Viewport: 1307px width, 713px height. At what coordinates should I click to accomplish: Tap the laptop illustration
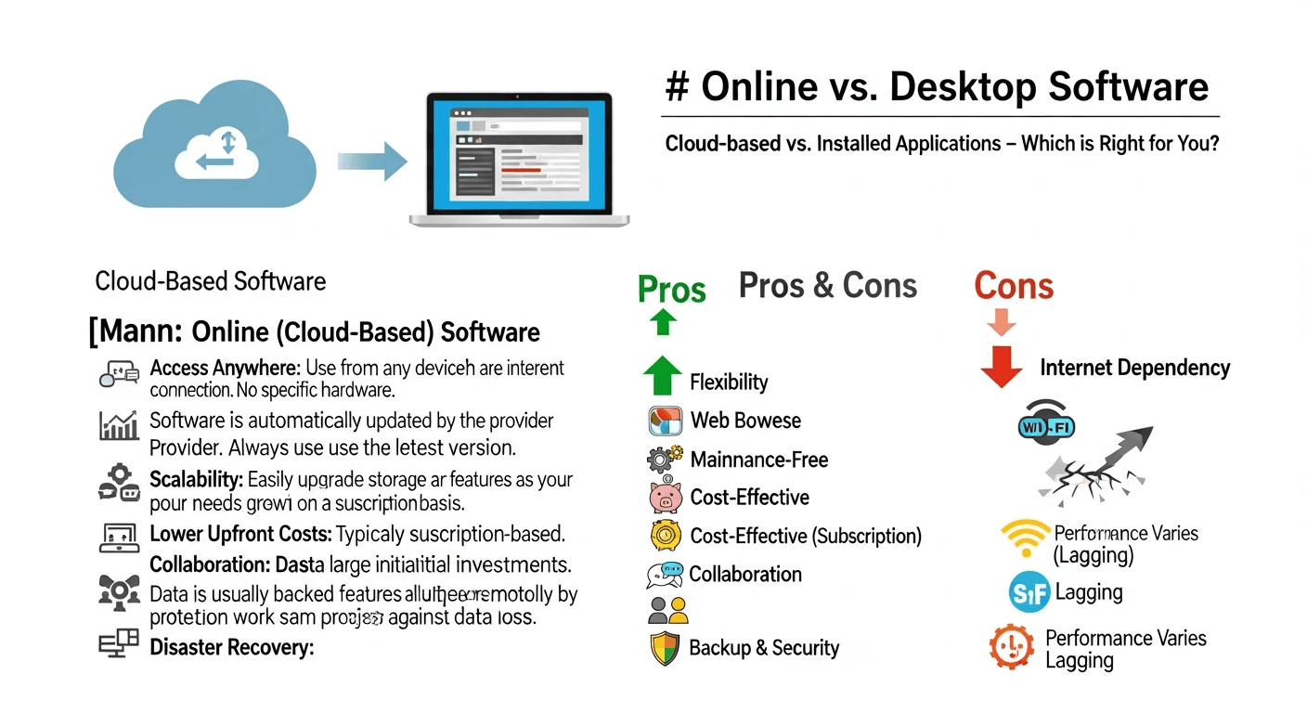click(x=519, y=159)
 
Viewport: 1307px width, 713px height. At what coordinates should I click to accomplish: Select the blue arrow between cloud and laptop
click(x=373, y=161)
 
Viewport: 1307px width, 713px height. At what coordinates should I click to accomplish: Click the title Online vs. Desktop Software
click(x=938, y=87)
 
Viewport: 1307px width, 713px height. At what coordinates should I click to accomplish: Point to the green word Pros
click(x=672, y=291)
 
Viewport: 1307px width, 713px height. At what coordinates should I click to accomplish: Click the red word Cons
click(x=1014, y=287)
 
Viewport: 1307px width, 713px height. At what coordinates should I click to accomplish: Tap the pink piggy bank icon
click(x=666, y=498)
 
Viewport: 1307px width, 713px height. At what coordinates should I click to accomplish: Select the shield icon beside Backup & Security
click(x=665, y=649)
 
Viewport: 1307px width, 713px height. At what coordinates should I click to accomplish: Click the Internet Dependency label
click(x=1134, y=369)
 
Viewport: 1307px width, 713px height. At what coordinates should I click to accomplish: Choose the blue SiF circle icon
click(x=1029, y=592)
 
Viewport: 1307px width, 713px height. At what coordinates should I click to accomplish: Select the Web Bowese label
click(x=745, y=421)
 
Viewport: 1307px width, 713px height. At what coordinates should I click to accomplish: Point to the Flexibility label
click(x=729, y=382)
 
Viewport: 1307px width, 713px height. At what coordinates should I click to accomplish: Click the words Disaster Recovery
click(x=231, y=647)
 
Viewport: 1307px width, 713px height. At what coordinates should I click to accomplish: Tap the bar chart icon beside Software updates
click(x=119, y=425)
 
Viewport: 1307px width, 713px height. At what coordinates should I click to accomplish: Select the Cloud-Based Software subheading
click(x=211, y=281)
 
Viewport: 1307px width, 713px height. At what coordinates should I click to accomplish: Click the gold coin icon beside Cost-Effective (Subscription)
click(x=666, y=536)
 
